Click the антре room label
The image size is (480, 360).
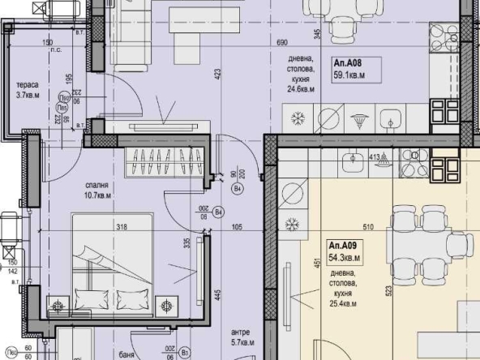tap(239, 332)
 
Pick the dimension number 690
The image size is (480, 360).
tap(283, 42)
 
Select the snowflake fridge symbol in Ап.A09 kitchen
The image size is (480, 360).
tap(292, 224)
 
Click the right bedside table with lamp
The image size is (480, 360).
tap(168, 305)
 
